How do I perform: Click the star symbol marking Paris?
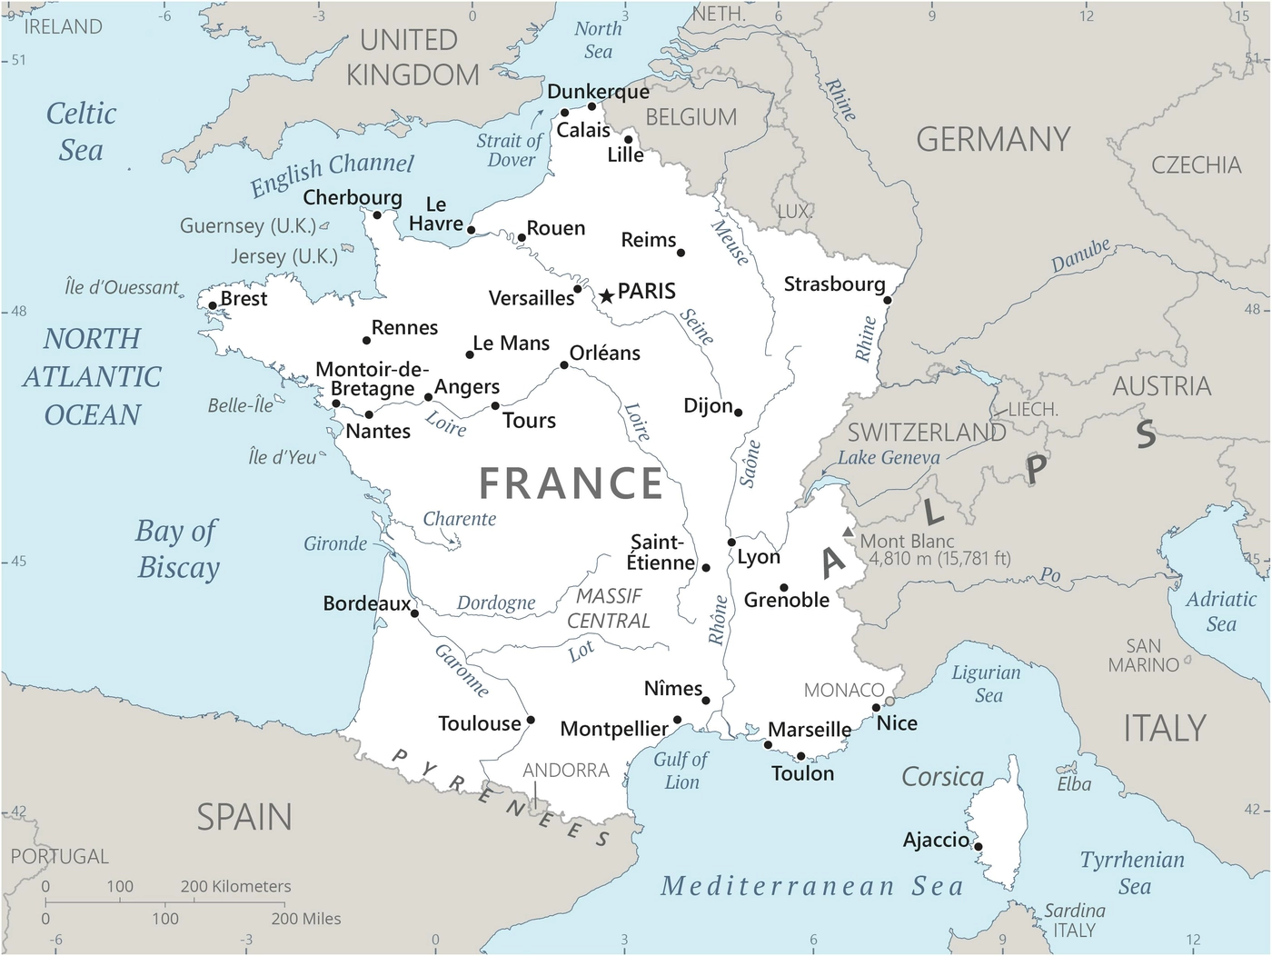[x=606, y=296]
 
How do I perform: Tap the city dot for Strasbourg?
[x=888, y=300]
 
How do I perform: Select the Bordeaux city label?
[x=366, y=603]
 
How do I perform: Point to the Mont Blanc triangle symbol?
[x=849, y=532]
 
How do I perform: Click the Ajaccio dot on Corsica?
[x=979, y=846]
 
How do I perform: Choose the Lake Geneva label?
[x=889, y=458]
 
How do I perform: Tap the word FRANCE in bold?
[x=571, y=483]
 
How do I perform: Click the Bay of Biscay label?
[x=178, y=549]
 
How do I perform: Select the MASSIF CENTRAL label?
[x=609, y=608]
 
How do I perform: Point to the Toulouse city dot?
[x=531, y=720]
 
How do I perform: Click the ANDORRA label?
[x=565, y=771]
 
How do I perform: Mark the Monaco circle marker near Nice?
[x=889, y=702]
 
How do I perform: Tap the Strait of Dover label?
[x=510, y=150]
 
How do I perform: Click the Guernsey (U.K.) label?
[x=247, y=225]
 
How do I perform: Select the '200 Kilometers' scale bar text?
[x=236, y=886]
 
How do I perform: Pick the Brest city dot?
[x=213, y=306]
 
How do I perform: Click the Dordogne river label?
[x=496, y=603]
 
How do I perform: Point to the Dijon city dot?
[x=738, y=413]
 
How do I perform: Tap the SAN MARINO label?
[x=1143, y=655]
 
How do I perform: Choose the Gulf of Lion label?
[x=681, y=771]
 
